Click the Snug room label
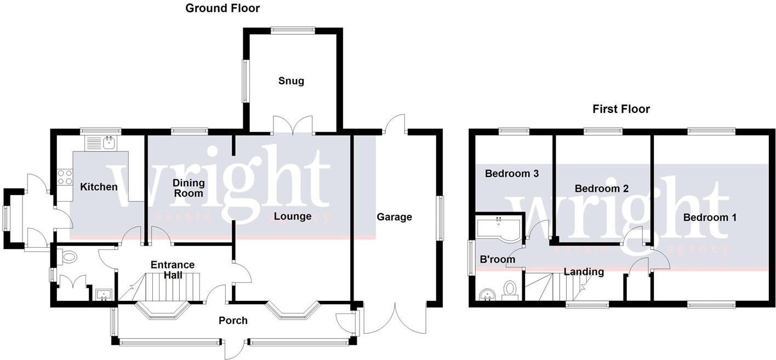click(x=290, y=81)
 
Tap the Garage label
click(x=394, y=217)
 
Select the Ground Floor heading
click(x=222, y=8)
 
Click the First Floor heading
click(x=621, y=109)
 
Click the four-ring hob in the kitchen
click(x=65, y=177)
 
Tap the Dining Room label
click(x=189, y=188)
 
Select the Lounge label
click(x=293, y=216)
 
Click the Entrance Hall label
click(x=173, y=270)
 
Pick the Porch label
click(x=233, y=321)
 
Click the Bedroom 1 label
click(x=710, y=218)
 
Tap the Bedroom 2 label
click(x=601, y=188)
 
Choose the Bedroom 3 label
click(x=512, y=174)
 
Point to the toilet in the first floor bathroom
click(x=511, y=289)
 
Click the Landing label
click(x=584, y=272)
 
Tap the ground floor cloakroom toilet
click(x=69, y=257)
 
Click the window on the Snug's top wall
click(x=293, y=31)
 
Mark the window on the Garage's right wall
click(x=440, y=218)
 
